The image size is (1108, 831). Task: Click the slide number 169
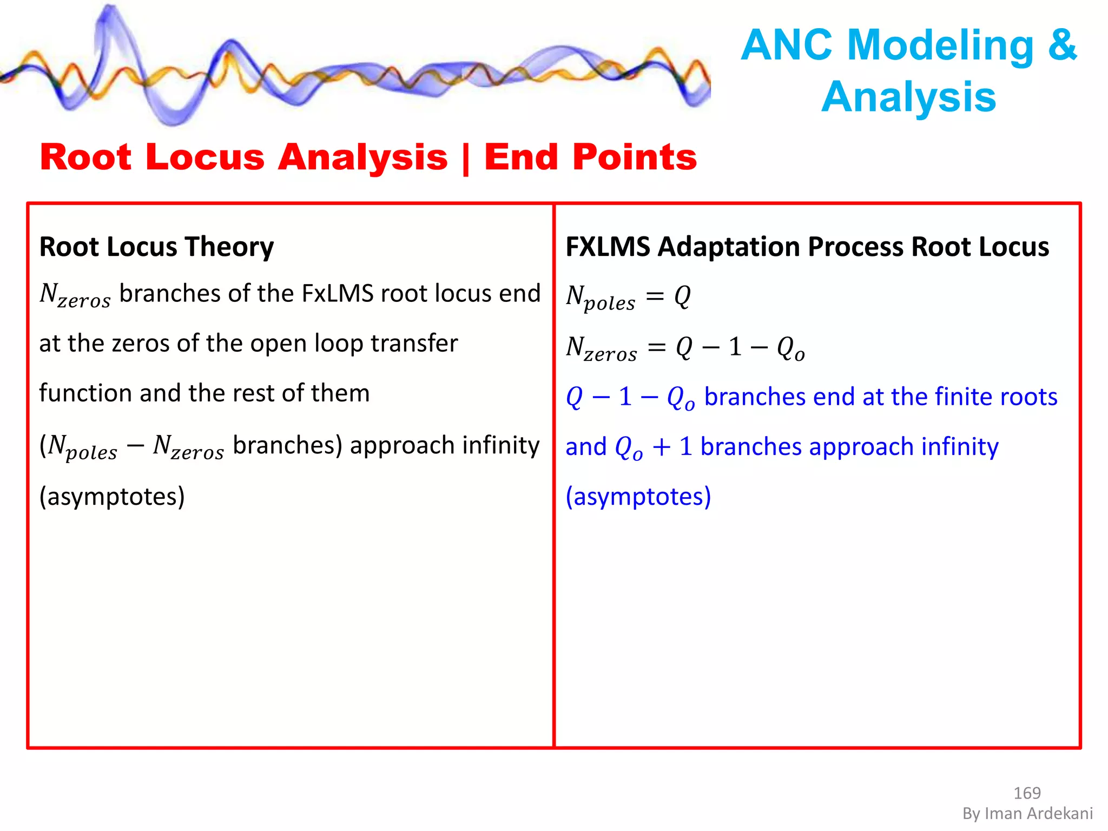point(1026,793)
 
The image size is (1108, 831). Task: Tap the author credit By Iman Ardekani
point(1027,813)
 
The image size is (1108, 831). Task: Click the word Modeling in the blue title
point(940,45)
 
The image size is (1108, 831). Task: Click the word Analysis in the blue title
point(908,97)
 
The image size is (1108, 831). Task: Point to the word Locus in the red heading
point(205,157)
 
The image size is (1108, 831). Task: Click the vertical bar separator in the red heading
point(466,158)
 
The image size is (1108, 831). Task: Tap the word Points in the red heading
point(634,157)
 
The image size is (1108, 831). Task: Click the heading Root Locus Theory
point(156,247)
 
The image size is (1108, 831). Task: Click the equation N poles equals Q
point(628,297)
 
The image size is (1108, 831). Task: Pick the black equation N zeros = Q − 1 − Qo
point(685,348)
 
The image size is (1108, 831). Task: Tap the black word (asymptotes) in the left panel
point(112,496)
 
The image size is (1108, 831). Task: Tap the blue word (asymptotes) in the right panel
point(638,496)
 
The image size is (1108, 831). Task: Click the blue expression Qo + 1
point(654,447)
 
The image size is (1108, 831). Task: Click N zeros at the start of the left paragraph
point(75,295)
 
